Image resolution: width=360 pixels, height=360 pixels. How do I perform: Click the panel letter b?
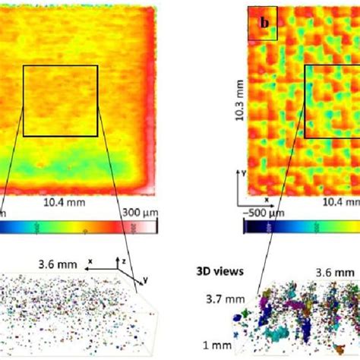264,23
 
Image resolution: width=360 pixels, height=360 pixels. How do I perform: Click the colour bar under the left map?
76,226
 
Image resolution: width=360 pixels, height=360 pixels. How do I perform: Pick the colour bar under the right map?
304,226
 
